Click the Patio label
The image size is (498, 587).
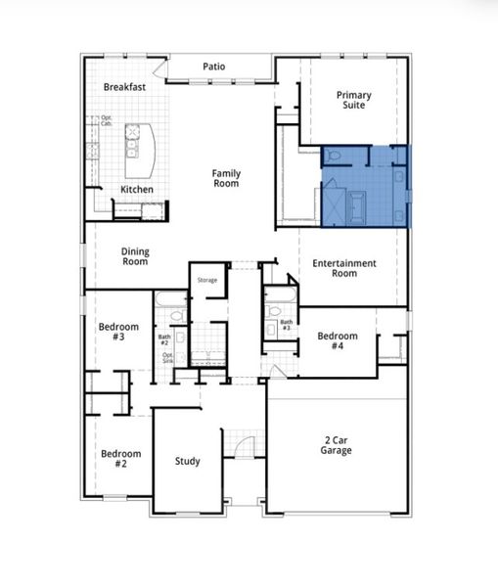click(214, 67)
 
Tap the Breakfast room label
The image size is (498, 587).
click(125, 87)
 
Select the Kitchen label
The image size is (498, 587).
click(136, 189)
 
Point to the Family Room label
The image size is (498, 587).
click(226, 179)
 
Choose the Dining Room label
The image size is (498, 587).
click(135, 256)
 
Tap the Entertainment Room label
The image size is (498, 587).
click(344, 268)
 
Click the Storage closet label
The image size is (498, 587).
click(206, 281)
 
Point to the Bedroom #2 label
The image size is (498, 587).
click(121, 459)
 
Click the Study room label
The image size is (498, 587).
click(187, 461)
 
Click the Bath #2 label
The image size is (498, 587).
click(164, 340)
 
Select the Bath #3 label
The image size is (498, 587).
click(286, 324)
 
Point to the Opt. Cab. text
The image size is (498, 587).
click(106, 121)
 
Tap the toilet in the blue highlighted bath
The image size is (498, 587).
click(332, 157)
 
